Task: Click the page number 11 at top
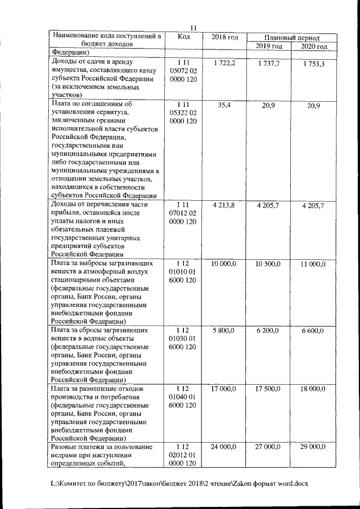coord(193,28)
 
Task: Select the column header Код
coord(184,37)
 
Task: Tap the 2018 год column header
coord(224,37)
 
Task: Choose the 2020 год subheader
coord(313,46)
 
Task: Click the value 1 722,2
coord(224,63)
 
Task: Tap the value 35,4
coord(224,105)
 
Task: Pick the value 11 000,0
coord(312,264)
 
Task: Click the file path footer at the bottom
coord(179,483)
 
